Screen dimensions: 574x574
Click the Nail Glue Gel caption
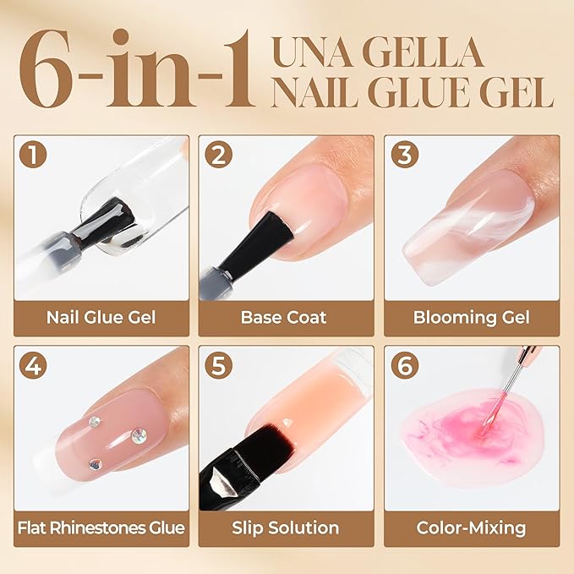(101, 319)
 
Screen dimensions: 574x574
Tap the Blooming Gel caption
(471, 319)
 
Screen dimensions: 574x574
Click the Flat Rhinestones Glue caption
(101, 528)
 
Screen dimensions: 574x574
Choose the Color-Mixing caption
(471, 528)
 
